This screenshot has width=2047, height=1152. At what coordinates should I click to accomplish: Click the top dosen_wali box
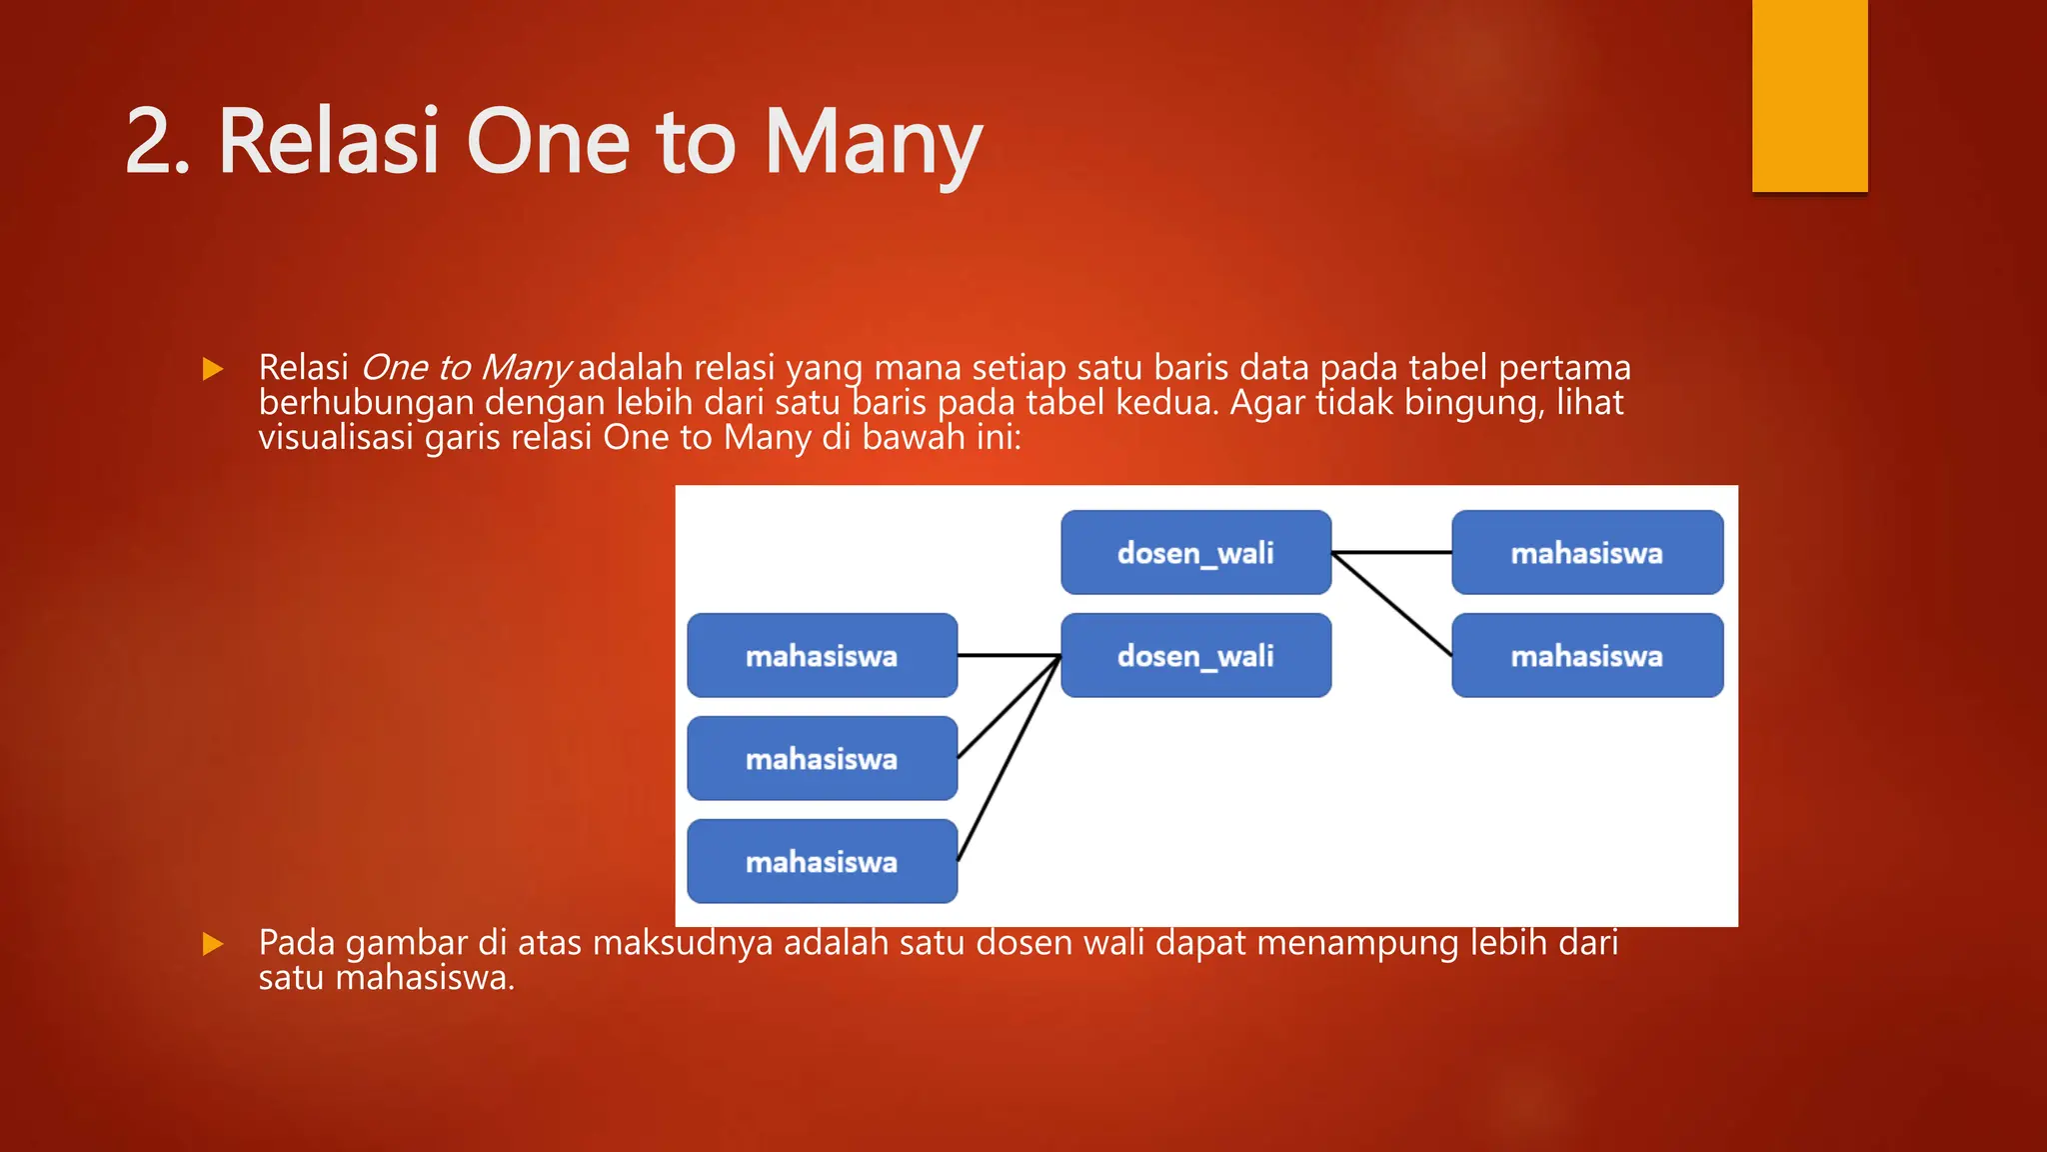pos(1195,552)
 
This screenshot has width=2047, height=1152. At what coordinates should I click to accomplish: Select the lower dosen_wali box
pos(1195,655)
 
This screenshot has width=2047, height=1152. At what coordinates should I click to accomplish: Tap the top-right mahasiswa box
pos(1586,552)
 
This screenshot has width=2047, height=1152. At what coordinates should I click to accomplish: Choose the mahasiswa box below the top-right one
pos(1586,655)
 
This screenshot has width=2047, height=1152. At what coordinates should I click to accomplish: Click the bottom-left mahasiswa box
pos(822,861)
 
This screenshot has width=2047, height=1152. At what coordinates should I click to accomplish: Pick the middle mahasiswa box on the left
pos(822,758)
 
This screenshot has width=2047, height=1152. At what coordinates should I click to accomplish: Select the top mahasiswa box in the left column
pos(822,655)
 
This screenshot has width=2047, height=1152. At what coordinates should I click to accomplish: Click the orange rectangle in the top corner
pos(1809,95)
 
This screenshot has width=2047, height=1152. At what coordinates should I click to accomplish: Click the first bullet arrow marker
pos(212,369)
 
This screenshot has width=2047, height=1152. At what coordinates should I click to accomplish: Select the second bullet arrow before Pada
pos(212,943)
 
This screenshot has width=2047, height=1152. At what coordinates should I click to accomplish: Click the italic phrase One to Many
pos(465,368)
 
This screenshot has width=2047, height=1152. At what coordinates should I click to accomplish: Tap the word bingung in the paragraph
pos(1474,402)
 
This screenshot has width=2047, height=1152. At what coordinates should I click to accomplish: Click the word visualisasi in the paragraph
pos(336,437)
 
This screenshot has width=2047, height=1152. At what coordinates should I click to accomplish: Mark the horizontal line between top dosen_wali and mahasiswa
pos(1391,552)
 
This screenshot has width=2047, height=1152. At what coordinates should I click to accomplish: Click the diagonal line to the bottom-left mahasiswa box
pos(1008,760)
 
